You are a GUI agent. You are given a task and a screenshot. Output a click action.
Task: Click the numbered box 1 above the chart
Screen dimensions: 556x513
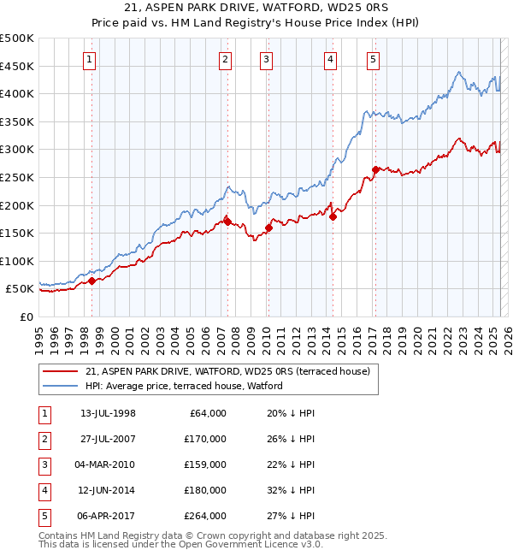pos(90,59)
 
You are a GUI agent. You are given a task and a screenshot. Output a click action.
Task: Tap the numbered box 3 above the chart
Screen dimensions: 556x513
pos(267,59)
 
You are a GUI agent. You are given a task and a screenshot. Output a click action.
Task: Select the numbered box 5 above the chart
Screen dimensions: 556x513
pos(374,59)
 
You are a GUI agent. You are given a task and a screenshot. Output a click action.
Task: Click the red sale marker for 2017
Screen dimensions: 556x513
pos(375,169)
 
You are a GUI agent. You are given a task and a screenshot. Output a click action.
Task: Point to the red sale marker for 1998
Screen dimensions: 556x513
pos(91,281)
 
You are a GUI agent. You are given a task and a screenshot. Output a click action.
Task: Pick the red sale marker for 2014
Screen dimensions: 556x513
pos(333,216)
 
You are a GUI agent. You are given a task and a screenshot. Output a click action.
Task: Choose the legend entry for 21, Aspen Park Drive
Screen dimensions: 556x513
pos(227,371)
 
